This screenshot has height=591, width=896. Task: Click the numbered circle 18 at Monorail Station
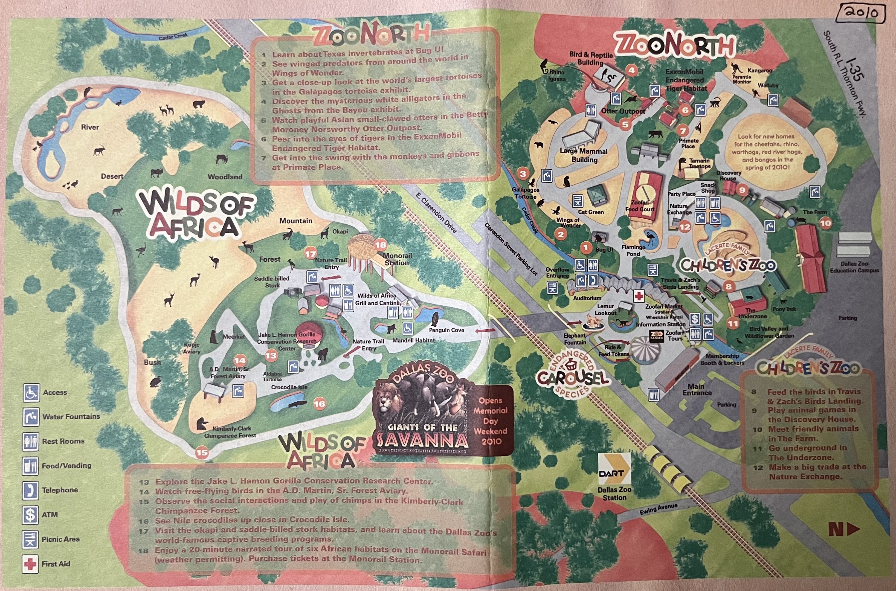381,245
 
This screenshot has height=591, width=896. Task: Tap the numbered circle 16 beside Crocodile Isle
319,404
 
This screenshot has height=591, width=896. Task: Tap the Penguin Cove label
446,330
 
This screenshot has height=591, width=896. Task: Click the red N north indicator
844,529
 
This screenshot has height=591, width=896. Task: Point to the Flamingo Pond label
633,251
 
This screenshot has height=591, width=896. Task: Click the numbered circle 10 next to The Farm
825,224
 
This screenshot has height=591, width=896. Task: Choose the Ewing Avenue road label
658,509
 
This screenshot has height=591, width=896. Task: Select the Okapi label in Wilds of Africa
340,231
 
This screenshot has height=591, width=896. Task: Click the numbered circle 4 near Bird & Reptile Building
631,70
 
